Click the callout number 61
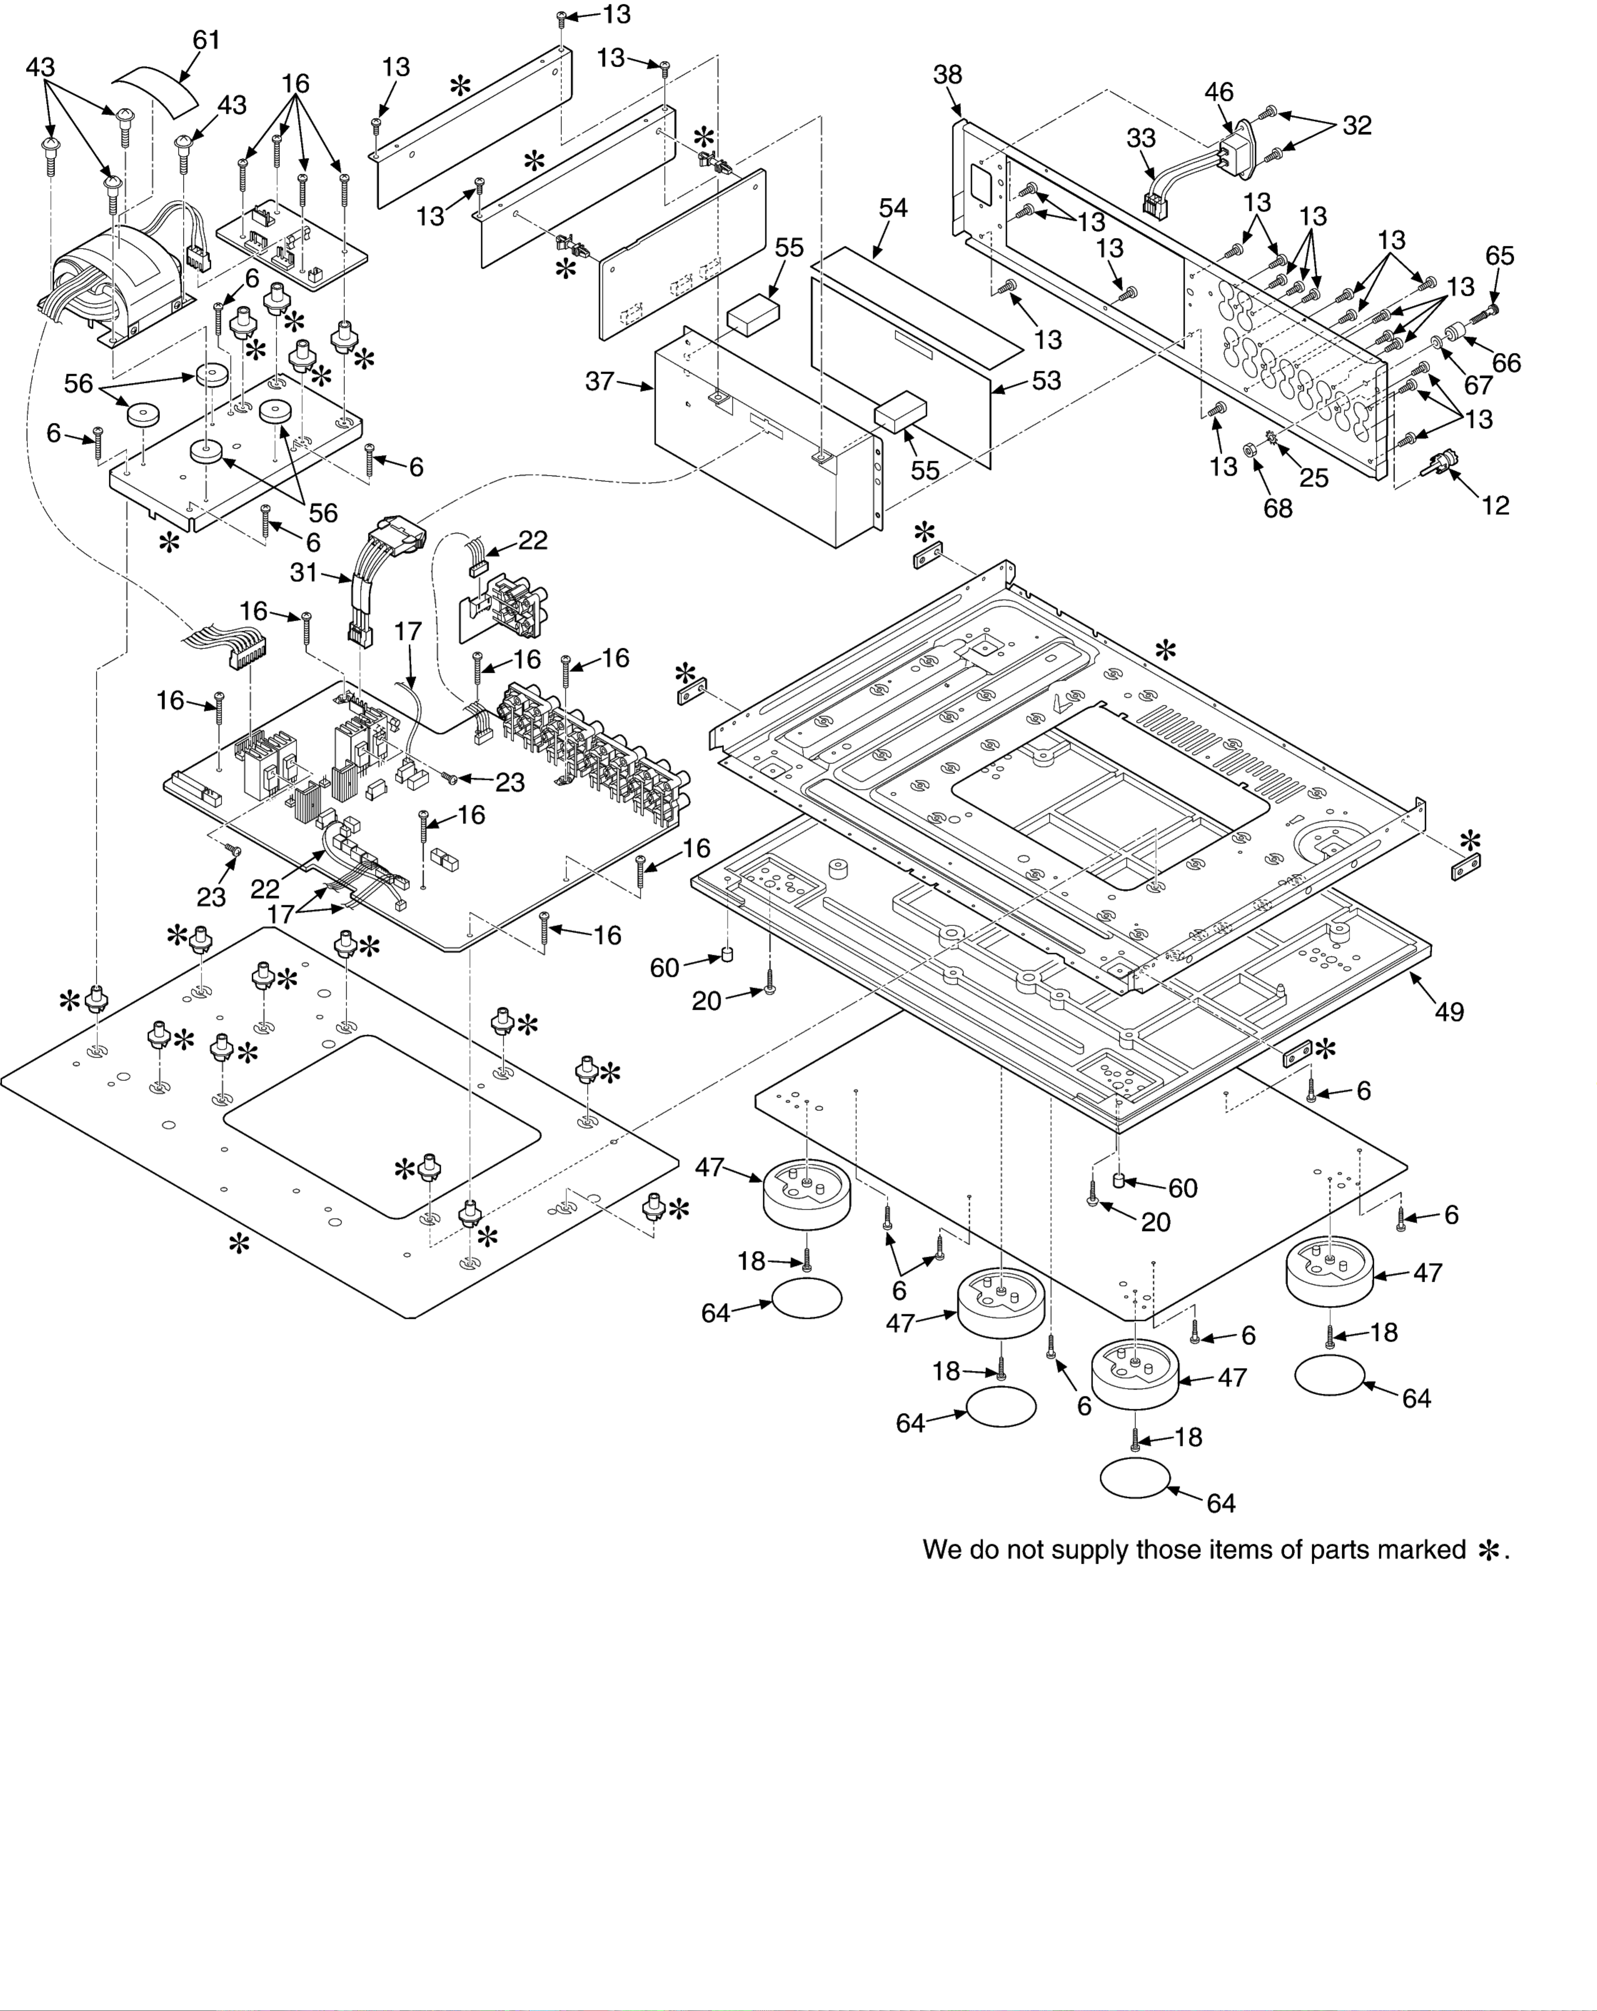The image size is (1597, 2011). tap(206, 40)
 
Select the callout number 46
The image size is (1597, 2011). tap(1218, 92)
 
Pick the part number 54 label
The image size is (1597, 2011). tap(893, 208)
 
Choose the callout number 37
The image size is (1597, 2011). tap(600, 382)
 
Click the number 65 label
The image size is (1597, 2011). tap(1499, 256)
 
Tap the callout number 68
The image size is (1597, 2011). tap(1278, 508)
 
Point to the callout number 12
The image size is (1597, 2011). tap(1495, 506)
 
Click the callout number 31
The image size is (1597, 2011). tap(304, 573)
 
